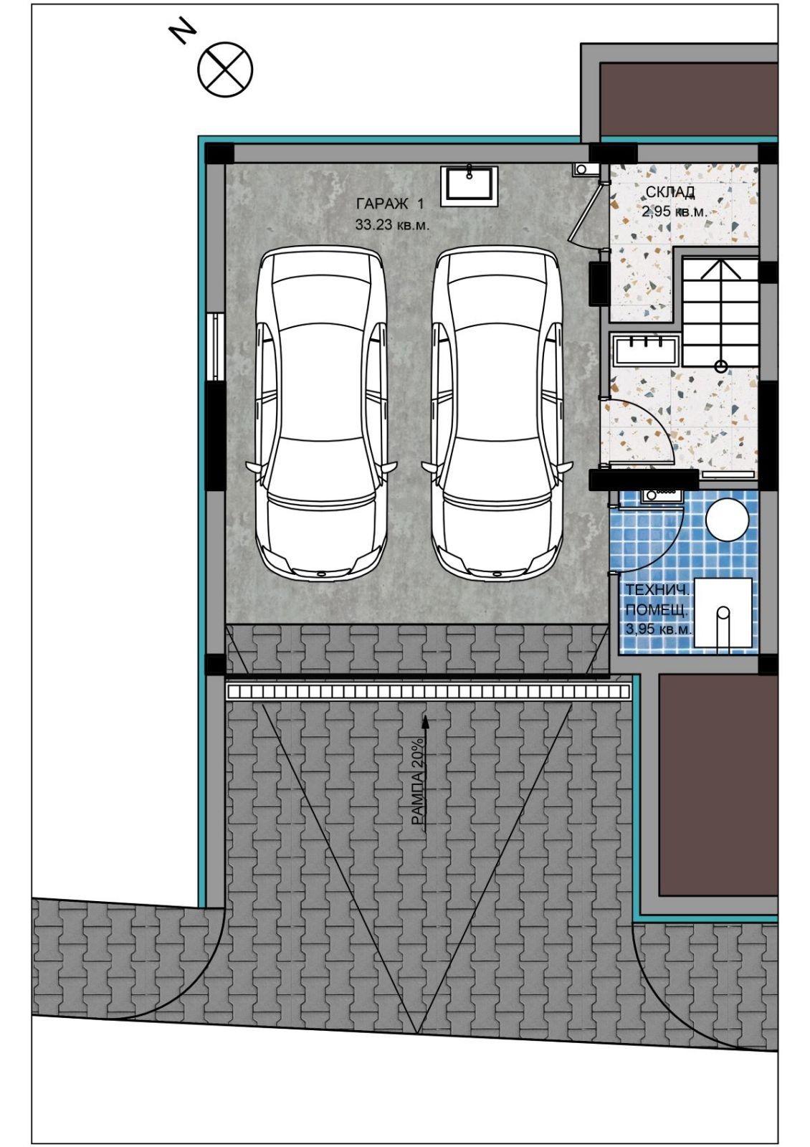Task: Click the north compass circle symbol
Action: [x=225, y=69]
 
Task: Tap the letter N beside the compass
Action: [x=184, y=33]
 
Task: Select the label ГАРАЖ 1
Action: [x=390, y=204]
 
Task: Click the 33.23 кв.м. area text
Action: [x=392, y=224]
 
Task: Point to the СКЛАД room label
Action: [x=670, y=192]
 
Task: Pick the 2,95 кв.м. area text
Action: [x=675, y=211]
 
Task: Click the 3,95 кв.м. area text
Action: [x=658, y=629]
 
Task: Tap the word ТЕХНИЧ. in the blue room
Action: [x=657, y=590]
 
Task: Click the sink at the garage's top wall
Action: [x=470, y=186]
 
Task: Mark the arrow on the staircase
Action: [x=721, y=313]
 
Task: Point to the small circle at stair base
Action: [x=721, y=366]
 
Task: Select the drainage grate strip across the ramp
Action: [x=428, y=693]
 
